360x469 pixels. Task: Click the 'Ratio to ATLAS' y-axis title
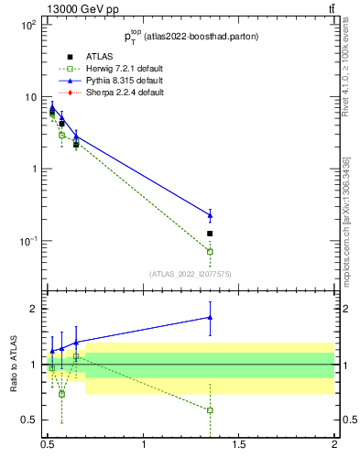14,364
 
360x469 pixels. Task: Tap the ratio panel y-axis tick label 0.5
29,420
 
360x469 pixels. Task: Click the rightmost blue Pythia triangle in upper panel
210,216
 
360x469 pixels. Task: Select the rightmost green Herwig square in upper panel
210,251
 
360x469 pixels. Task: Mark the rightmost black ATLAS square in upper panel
210,234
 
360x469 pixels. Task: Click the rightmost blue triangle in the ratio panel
210,318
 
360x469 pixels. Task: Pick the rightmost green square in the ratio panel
210,409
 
